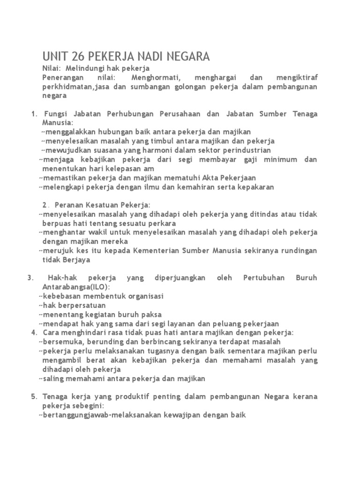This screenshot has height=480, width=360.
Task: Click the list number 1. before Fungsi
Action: (34, 114)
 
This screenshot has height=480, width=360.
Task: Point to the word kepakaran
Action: (255, 187)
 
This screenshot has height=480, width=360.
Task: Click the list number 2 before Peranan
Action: (45, 205)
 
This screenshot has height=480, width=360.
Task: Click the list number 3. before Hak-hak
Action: (31, 278)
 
